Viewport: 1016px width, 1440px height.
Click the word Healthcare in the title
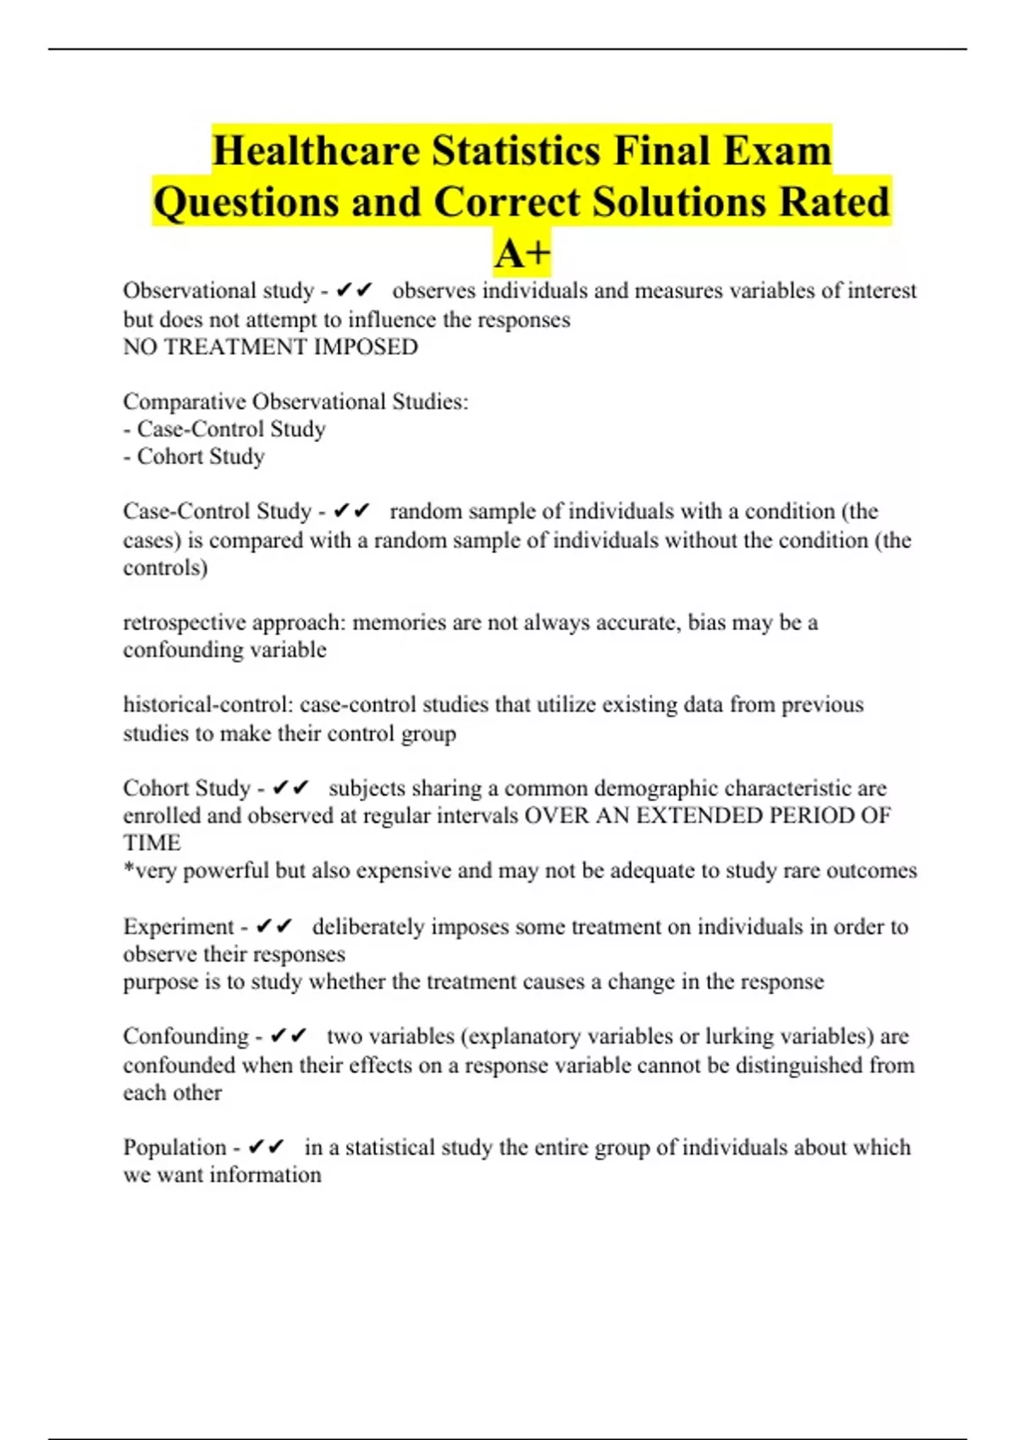316,152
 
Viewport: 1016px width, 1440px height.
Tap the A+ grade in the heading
522,252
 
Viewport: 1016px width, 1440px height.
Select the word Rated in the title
833,202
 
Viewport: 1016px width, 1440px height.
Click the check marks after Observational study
354,291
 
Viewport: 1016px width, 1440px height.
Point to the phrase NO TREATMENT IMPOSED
270,346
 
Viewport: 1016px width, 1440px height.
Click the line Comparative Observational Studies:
295,402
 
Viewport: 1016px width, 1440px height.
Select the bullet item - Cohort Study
194,457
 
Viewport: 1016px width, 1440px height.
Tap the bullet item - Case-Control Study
224,429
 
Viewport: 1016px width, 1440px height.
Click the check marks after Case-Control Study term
352,512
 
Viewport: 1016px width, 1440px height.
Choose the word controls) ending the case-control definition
165,568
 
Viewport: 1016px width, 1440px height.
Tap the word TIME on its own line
152,843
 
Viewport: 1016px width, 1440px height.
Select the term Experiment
178,927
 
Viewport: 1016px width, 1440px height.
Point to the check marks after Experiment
274,927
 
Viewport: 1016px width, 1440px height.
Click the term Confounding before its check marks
185,1036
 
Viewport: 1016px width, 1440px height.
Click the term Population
174,1147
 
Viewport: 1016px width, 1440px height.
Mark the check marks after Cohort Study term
291,789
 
